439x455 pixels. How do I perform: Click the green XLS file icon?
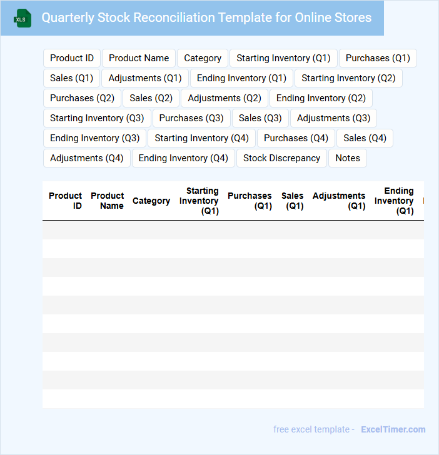pos(22,18)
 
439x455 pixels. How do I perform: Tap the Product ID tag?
pos(72,58)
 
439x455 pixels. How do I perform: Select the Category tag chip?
pos(203,58)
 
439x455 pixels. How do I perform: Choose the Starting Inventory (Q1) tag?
pos(283,58)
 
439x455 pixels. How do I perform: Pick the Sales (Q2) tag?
pos(151,98)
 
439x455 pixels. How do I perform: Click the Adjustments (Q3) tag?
pos(333,118)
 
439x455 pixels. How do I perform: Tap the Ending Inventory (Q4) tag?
pos(183,158)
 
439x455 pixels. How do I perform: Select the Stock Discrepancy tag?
pos(281,158)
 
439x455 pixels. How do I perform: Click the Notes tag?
pos(348,158)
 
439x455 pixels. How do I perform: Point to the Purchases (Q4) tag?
pos(296,138)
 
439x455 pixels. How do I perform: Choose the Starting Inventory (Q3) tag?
pos(97,118)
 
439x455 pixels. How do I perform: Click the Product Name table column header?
pos(108,201)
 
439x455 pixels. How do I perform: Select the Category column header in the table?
pos(151,201)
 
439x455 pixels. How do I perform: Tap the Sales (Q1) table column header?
pos(293,201)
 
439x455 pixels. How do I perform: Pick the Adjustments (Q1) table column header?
pos(339,201)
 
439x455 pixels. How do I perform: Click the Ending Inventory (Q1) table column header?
pos(395,201)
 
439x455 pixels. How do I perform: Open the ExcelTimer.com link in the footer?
pos(393,429)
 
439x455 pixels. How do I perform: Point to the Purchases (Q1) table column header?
pos(250,201)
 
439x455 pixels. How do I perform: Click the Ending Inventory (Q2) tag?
pos(321,98)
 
